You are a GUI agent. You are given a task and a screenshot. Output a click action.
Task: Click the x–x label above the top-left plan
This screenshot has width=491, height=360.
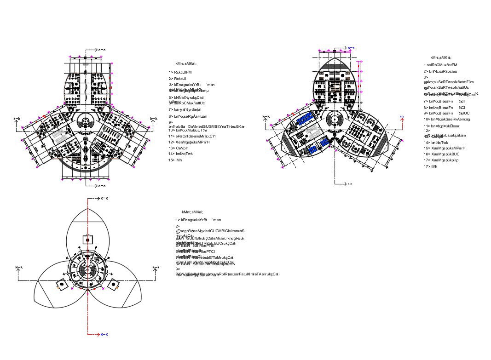(102, 49)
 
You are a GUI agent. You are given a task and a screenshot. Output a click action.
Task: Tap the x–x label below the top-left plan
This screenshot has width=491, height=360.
(102, 185)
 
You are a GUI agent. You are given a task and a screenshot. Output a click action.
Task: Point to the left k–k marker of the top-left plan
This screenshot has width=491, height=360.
(17, 119)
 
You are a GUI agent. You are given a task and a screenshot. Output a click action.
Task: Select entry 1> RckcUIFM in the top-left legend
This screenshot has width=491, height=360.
(180, 73)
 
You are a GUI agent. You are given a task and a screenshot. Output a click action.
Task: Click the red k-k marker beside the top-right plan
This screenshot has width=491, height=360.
(402, 117)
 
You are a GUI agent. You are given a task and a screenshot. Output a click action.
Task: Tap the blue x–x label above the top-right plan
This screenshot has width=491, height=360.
(351, 48)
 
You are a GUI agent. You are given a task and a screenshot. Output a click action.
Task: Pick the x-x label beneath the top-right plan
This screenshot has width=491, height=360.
(350, 184)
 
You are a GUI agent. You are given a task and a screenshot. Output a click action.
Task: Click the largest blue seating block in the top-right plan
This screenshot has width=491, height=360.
(305, 120)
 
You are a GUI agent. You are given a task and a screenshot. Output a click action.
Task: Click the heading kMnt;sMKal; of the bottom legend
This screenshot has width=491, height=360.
(192, 212)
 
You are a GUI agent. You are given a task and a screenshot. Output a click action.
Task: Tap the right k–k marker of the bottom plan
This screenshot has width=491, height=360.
(156, 268)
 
